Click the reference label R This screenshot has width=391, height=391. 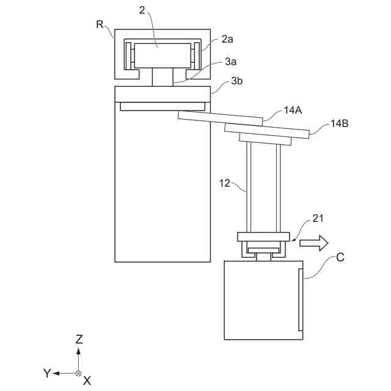[100, 24]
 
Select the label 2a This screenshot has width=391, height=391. [227, 39]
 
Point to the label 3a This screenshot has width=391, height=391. [230, 62]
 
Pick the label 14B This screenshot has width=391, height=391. [339, 123]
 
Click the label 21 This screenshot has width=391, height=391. [319, 218]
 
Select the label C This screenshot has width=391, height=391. [340, 257]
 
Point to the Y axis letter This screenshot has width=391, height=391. [46, 373]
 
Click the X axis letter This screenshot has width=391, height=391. [87, 380]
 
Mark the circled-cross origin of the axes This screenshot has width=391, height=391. [78, 373]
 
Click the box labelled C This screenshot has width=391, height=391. [263, 299]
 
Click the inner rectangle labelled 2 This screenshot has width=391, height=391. [163, 55]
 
